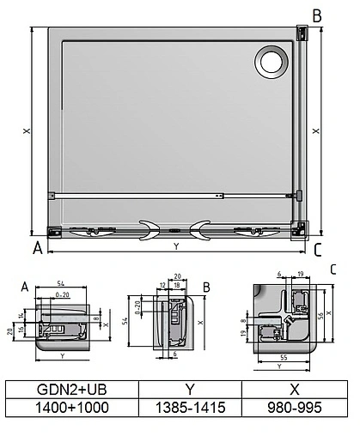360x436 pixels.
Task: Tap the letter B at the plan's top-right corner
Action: (x=316, y=15)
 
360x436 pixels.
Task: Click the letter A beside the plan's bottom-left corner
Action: (x=37, y=250)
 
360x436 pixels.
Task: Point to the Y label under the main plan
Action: (x=176, y=246)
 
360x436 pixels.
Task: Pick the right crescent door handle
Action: (x=204, y=228)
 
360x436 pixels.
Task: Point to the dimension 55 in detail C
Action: (x=283, y=354)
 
